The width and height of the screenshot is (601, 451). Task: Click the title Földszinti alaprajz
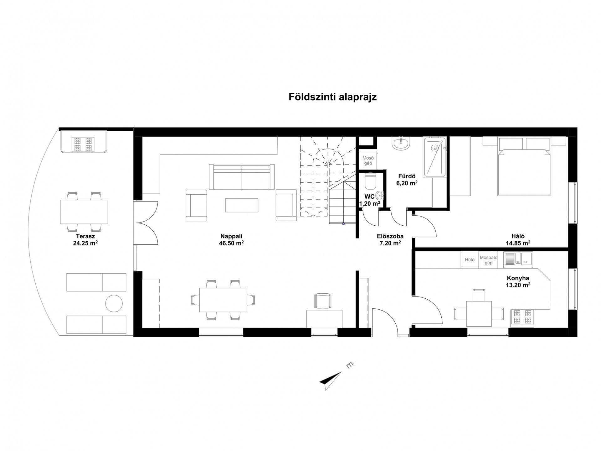coord(332,97)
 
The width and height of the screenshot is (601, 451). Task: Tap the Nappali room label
coord(231,236)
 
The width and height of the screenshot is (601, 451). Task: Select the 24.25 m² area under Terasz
coord(85,243)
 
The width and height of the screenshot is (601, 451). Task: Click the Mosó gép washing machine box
coord(368,161)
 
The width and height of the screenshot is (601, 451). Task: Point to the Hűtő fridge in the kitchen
coord(470,260)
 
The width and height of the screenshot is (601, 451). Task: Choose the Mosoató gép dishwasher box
coord(488,260)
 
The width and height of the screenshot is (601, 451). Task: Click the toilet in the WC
coord(370,181)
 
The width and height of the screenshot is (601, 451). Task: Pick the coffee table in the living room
coord(242,205)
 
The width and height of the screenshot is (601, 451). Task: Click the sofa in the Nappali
coord(242,177)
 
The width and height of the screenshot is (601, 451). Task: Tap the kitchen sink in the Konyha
coord(518,260)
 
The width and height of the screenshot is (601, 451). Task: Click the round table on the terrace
coord(114,303)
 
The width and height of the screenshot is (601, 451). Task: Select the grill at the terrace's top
coord(84,142)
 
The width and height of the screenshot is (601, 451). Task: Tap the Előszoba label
coord(390,236)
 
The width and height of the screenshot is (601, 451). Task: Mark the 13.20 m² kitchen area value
coord(518,285)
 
